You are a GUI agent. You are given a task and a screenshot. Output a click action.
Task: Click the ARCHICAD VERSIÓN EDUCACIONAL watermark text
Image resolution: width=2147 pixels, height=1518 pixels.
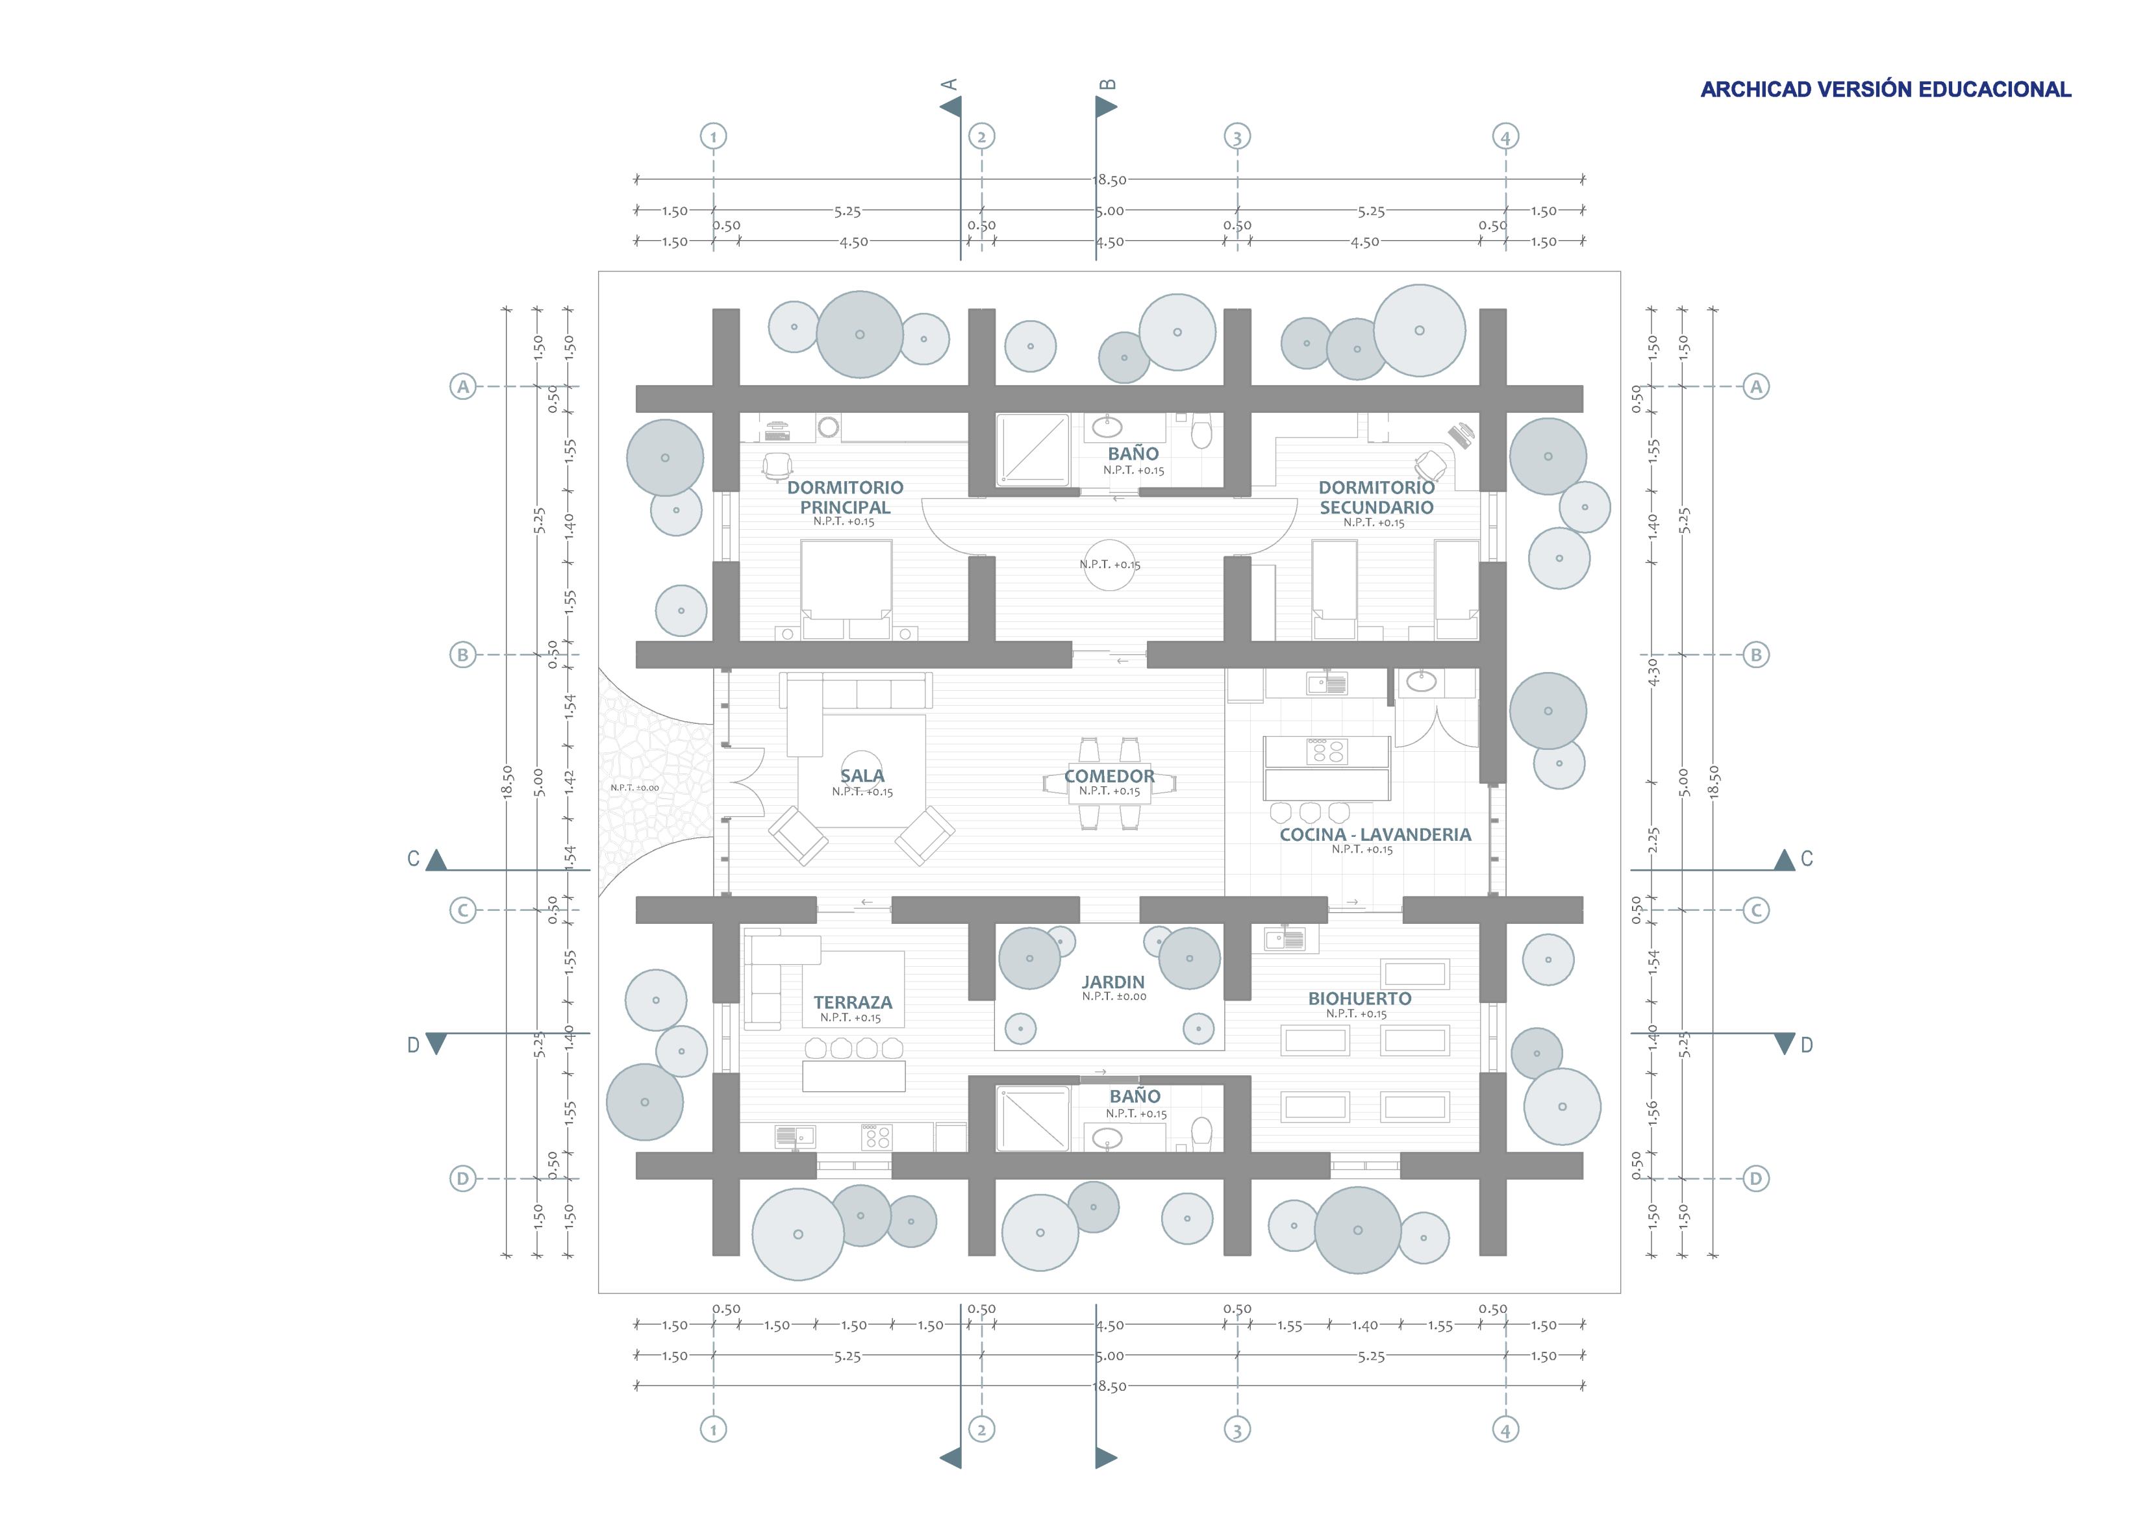tap(1885, 90)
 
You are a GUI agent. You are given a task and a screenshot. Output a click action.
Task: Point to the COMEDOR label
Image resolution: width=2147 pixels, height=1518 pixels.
tap(1110, 776)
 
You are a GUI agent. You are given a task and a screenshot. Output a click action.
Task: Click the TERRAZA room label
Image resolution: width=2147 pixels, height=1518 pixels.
tap(853, 1002)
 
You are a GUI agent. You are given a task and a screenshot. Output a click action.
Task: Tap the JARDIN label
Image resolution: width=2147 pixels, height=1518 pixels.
tap(1112, 982)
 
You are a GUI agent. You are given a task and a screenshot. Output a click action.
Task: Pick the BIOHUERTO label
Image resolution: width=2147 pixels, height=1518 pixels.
tap(1360, 999)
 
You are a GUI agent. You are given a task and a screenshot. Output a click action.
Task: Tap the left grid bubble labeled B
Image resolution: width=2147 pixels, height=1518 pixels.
tap(462, 655)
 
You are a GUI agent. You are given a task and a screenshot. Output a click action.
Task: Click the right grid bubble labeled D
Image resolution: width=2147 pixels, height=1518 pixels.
tap(1755, 1178)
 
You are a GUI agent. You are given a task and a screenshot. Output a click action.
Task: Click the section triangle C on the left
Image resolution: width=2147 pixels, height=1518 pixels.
tap(436, 860)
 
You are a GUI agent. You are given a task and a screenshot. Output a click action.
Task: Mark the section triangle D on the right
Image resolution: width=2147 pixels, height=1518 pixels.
tap(1784, 1043)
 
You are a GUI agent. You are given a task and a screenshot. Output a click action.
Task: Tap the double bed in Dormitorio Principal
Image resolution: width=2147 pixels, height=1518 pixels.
tap(846, 589)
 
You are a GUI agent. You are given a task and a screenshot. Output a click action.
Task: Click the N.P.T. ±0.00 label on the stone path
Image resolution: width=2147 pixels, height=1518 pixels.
tap(635, 788)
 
